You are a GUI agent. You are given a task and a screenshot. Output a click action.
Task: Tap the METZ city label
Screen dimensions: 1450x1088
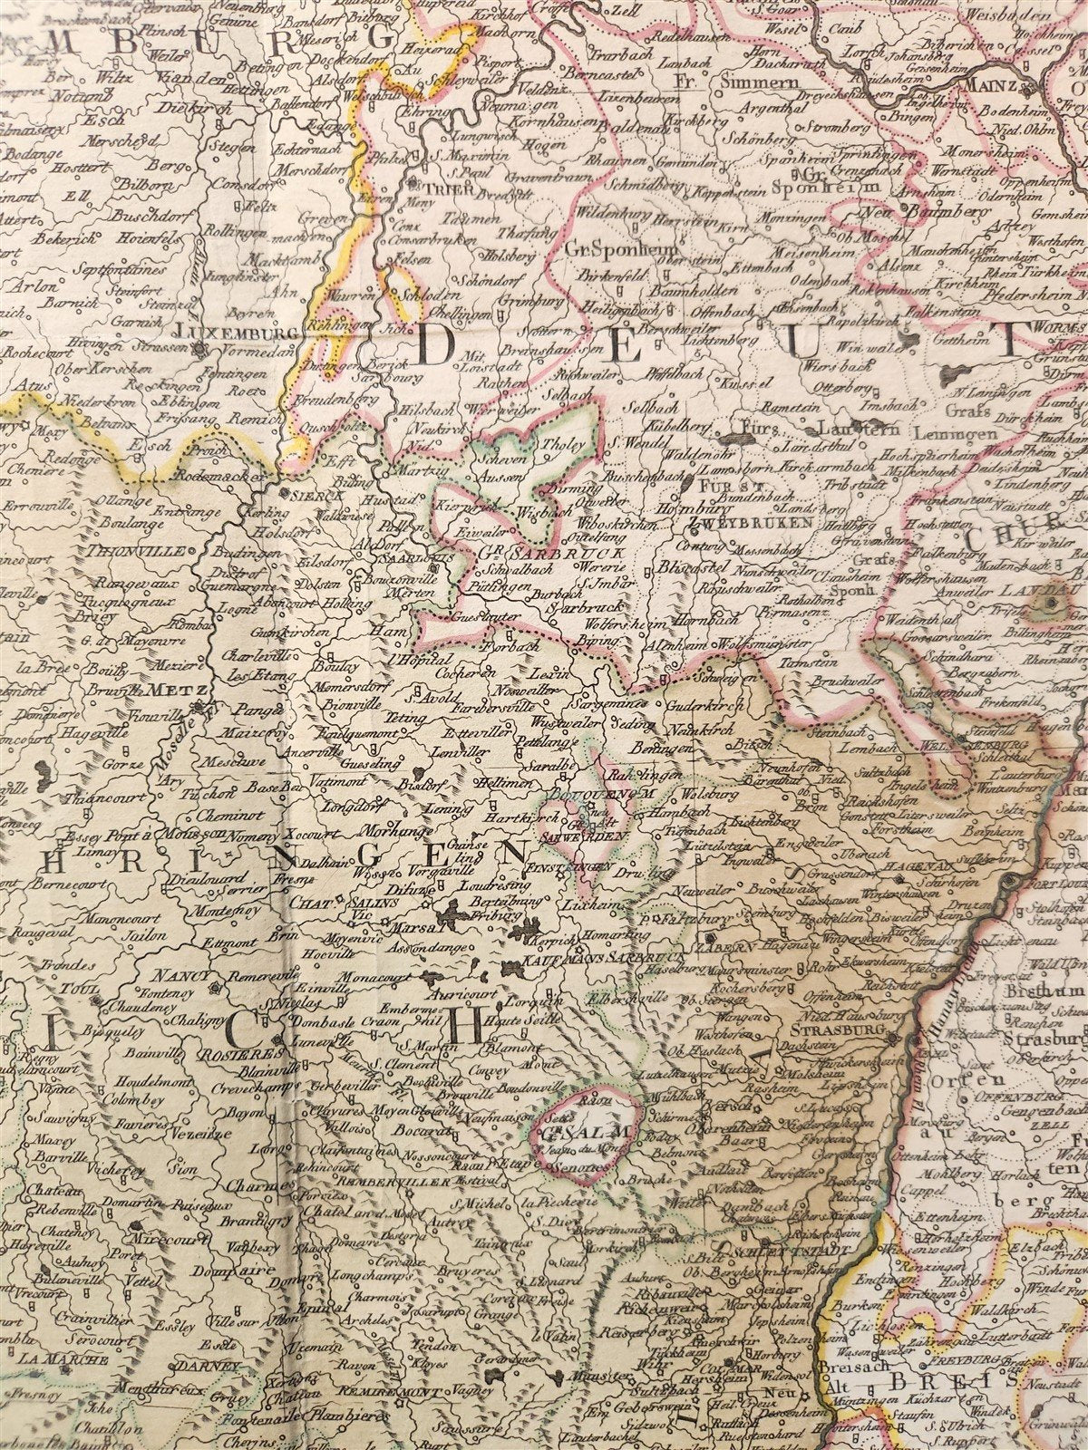178,689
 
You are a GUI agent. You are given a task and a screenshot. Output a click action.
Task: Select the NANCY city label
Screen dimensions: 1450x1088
174,977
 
